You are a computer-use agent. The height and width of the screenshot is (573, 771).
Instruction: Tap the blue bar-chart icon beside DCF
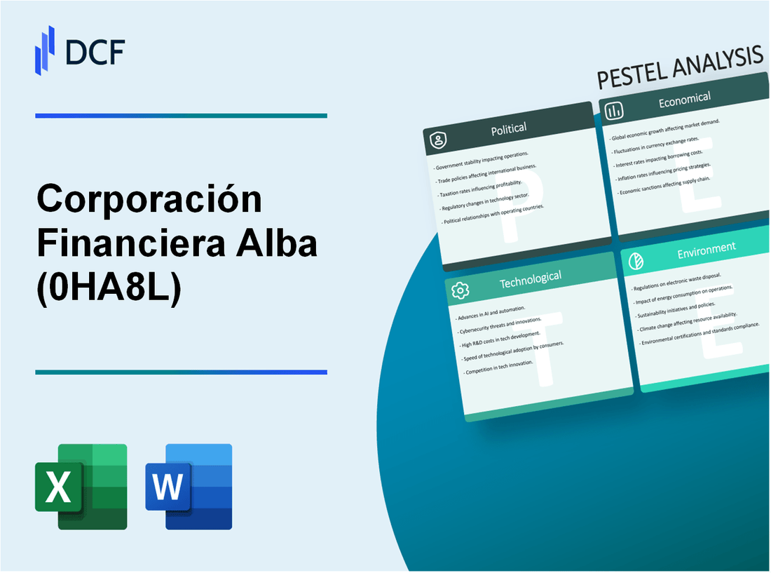(45, 50)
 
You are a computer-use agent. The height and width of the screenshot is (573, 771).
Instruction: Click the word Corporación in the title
(149, 201)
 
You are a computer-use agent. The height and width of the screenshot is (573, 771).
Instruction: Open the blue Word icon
(189, 486)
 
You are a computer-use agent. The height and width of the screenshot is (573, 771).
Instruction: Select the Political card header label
(510, 128)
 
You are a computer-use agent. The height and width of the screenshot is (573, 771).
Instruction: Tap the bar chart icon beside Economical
(614, 111)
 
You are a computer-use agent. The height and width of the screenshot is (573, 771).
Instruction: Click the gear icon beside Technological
(460, 290)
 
